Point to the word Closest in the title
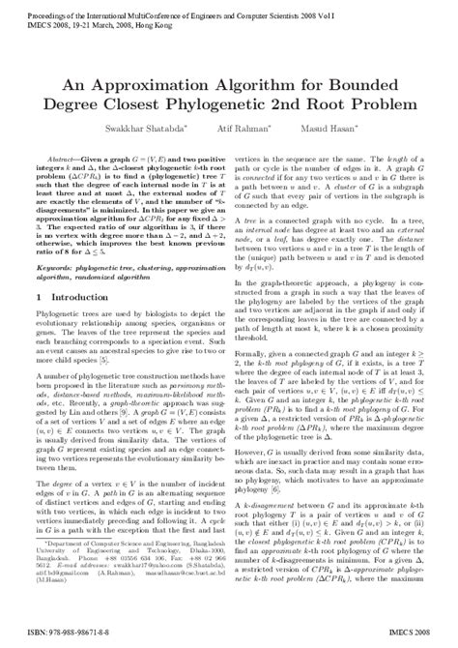pos(155,103)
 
